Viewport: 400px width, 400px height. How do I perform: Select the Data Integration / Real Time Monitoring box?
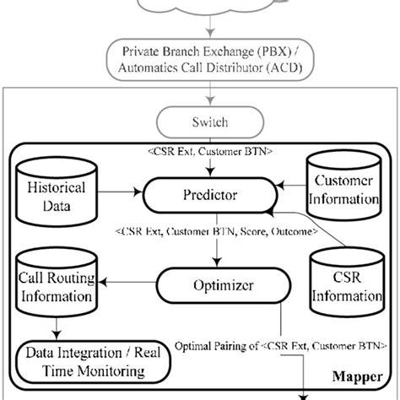click(94, 359)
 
